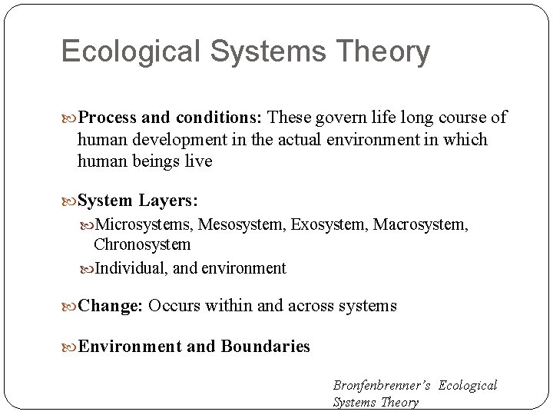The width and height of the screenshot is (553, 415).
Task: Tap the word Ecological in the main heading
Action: click(x=123, y=52)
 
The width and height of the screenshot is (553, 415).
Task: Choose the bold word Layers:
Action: click(x=169, y=201)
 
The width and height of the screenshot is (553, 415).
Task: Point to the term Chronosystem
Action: click(x=142, y=244)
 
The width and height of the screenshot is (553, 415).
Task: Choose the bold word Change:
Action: click(x=111, y=306)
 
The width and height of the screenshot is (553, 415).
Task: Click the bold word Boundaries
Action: click(x=265, y=347)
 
